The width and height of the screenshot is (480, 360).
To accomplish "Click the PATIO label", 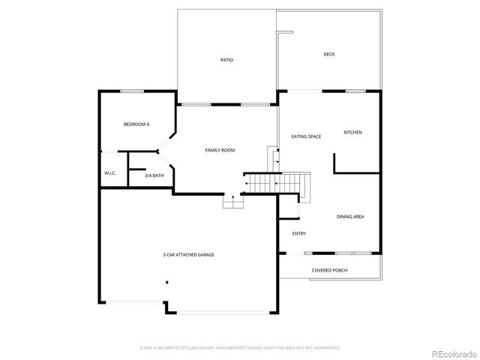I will point(226,60).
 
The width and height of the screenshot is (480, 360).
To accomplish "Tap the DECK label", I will point(328,54).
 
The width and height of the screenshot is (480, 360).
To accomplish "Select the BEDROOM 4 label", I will point(136,124).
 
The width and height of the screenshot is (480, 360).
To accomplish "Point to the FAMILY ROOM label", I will point(220,150).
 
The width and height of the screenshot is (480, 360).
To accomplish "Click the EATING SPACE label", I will point(306,136).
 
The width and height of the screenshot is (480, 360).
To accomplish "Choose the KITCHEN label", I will point(352,132).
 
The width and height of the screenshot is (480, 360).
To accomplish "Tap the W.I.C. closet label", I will point(109,173).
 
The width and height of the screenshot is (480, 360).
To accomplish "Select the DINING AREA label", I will point(350,217).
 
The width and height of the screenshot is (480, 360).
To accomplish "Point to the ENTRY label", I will point(298,233).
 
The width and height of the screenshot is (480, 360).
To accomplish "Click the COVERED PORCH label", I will point(329,270).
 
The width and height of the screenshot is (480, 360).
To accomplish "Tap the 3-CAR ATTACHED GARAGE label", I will point(188,255).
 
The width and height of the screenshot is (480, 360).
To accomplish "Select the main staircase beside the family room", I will point(277,182).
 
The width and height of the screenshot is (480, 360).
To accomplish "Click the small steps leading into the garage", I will point(232,202).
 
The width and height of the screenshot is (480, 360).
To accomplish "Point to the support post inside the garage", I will point(166,283).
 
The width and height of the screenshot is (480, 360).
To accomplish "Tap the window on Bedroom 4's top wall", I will point(132,91).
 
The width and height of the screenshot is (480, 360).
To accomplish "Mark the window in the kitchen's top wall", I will point(355,91).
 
